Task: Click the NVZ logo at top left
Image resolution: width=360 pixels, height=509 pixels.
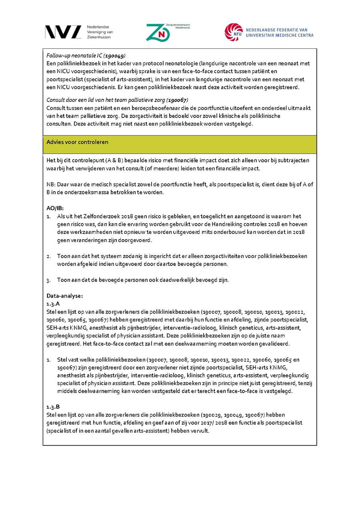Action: coord(63,32)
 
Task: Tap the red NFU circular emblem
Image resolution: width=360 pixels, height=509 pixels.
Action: coord(234,32)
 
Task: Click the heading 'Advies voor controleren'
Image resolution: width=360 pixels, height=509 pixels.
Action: coord(77,142)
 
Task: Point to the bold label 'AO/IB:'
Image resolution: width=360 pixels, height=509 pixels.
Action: coord(55,208)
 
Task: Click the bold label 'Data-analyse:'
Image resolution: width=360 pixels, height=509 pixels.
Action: coord(64,296)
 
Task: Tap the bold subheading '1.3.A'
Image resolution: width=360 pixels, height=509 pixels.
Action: coord(53,304)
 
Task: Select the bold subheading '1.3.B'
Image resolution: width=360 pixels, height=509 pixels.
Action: coord(53,407)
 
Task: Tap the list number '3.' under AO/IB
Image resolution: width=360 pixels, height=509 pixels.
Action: coord(48,280)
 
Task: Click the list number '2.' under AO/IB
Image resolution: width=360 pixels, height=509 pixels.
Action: coord(48,256)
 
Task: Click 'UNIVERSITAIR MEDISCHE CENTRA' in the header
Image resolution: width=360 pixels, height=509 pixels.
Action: coord(280,35)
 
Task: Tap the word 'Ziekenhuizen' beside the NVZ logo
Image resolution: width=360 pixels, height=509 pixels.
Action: coord(99,37)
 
